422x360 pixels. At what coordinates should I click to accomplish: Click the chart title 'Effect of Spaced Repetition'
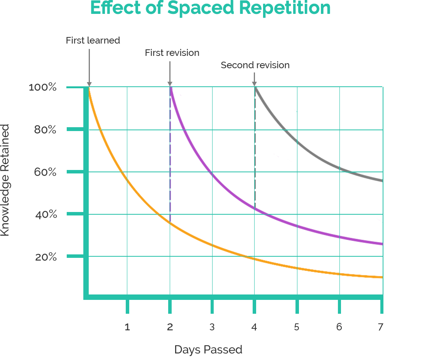click(211, 8)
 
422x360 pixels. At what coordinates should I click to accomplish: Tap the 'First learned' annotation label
click(93, 40)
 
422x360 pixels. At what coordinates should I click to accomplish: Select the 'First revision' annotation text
click(172, 53)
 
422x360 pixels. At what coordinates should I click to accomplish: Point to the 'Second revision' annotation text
click(255, 65)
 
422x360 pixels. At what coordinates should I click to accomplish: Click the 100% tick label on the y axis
click(43, 87)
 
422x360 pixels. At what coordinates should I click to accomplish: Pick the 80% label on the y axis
click(45, 130)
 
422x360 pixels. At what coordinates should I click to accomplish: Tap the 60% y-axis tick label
click(45, 172)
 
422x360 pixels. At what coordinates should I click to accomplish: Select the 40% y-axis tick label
click(46, 214)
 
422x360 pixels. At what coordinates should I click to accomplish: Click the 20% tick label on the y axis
click(46, 257)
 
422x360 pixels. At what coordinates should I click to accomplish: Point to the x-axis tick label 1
click(127, 327)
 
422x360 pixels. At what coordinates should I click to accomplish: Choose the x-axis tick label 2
click(170, 327)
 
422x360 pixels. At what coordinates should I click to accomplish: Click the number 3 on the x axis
click(212, 327)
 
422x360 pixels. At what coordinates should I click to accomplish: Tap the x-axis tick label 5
click(297, 327)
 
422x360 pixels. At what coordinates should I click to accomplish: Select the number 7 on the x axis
click(380, 327)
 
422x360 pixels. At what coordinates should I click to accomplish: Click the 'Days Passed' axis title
click(208, 350)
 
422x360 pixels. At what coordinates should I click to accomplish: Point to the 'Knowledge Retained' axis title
click(5, 180)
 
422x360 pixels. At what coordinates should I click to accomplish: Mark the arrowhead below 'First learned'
click(89, 84)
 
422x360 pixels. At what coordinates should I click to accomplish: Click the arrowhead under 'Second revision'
click(254, 84)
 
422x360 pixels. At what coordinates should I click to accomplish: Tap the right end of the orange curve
click(381, 277)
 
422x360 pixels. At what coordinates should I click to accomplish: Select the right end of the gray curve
click(381, 180)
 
